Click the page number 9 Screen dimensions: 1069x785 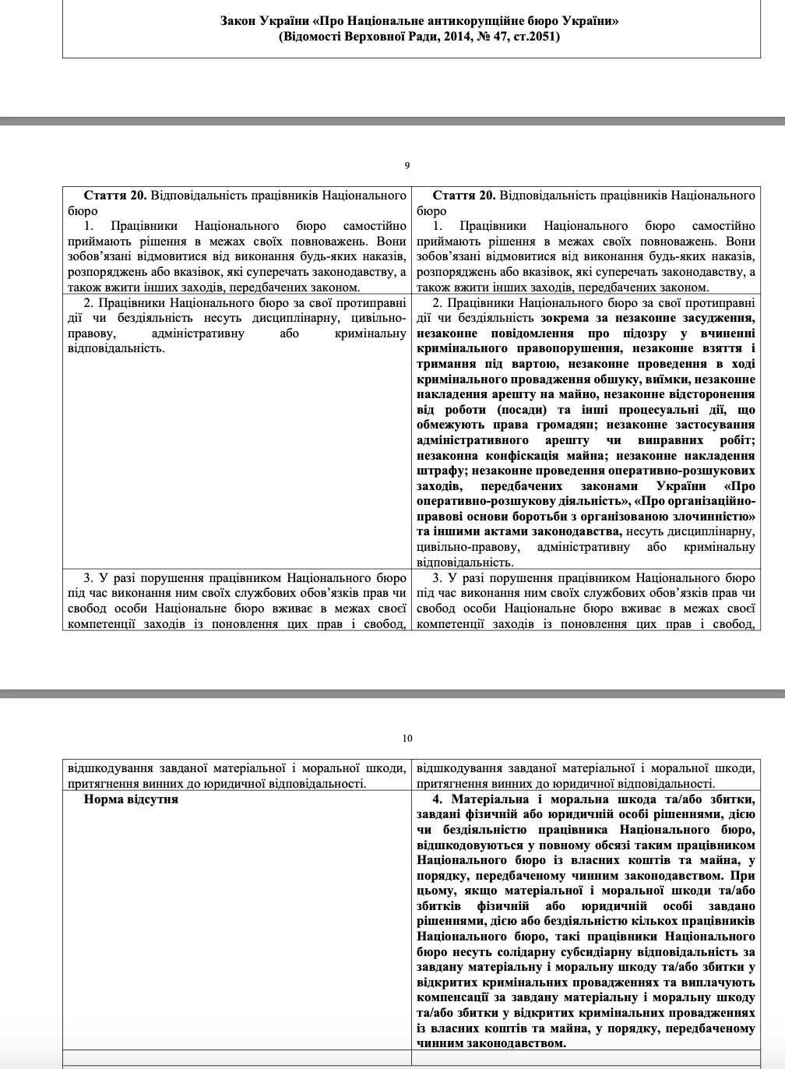[407, 165]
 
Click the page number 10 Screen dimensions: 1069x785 [407, 738]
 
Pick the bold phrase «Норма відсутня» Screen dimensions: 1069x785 [131, 799]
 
